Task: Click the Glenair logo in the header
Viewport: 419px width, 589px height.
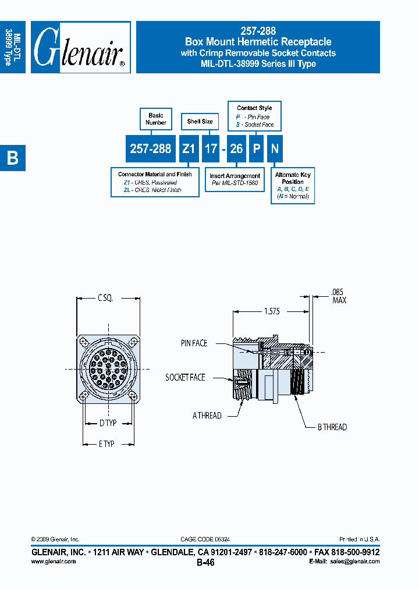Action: pyautogui.click(x=80, y=48)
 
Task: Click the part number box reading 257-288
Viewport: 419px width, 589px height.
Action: pyautogui.click(x=151, y=149)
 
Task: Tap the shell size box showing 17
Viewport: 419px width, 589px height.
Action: pyautogui.click(x=211, y=149)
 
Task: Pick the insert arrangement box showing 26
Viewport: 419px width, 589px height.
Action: pyautogui.click(x=236, y=149)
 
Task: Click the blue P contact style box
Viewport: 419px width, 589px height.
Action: pyautogui.click(x=256, y=149)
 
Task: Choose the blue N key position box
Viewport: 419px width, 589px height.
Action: pyautogui.click(x=275, y=149)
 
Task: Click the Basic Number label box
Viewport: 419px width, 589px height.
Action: pyautogui.click(x=156, y=119)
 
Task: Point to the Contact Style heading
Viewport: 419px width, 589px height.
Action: pyautogui.click(x=254, y=108)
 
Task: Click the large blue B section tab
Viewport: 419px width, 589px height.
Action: pyautogui.click(x=12, y=157)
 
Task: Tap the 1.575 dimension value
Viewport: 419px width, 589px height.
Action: pyautogui.click(x=272, y=311)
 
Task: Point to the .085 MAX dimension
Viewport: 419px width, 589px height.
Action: pyautogui.click(x=339, y=296)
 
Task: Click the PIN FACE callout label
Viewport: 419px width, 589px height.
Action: pyautogui.click(x=194, y=343)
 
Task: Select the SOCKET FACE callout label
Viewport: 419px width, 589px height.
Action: pyautogui.click(x=185, y=377)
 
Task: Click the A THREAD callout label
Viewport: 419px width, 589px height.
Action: pyautogui.click(x=207, y=416)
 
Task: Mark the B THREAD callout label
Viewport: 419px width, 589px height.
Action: pyautogui.click(x=332, y=427)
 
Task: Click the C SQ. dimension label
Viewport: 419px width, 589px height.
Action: pyautogui.click(x=105, y=298)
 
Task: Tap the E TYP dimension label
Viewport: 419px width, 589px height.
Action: pyautogui.click(x=106, y=443)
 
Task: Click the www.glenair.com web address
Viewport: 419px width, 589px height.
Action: pyautogui.click(x=53, y=562)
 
